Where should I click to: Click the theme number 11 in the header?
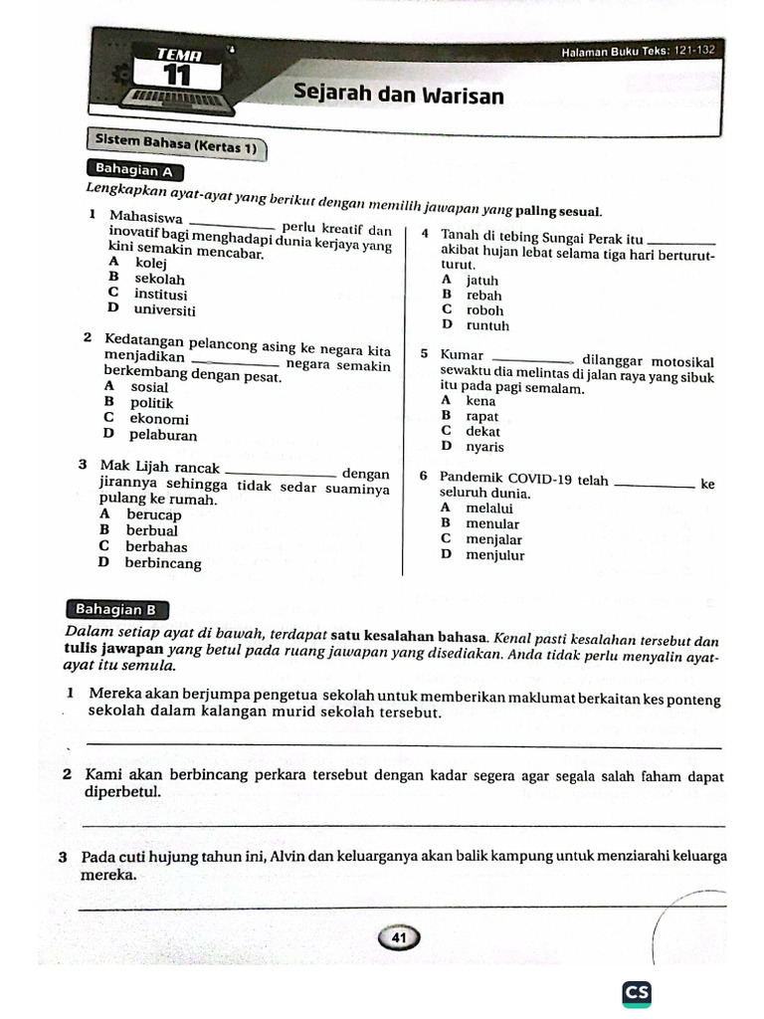click(177, 76)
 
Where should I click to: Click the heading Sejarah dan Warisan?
click(398, 96)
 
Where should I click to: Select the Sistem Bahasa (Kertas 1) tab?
click(175, 146)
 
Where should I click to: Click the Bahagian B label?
click(116, 610)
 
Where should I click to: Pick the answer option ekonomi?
click(159, 419)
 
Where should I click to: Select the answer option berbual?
click(152, 530)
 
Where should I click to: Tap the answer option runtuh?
click(487, 325)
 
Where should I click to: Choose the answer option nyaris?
click(484, 447)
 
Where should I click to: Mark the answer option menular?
click(492, 523)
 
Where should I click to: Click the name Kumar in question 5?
click(462, 355)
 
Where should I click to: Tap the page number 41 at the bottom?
click(400, 937)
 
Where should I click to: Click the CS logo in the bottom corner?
click(637, 992)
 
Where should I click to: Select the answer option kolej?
click(151, 264)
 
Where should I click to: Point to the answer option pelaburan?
click(163, 435)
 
